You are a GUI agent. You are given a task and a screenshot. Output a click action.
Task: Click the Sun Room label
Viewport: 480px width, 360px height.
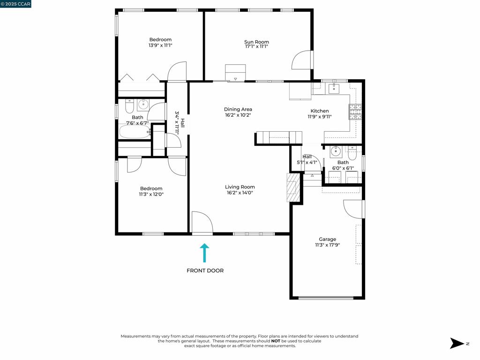click(x=256, y=42)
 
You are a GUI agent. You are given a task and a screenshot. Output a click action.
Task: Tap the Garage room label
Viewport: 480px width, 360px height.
click(x=327, y=239)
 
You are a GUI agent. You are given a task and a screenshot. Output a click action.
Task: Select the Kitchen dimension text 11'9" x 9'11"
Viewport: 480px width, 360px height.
click(x=320, y=117)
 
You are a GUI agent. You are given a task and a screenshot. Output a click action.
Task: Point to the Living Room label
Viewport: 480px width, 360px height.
click(x=240, y=187)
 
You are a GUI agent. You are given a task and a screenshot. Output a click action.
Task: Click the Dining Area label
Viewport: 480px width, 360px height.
click(x=238, y=109)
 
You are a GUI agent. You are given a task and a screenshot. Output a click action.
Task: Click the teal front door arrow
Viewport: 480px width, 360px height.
click(x=204, y=253)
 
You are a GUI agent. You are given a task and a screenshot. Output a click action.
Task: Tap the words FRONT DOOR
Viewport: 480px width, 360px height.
click(x=205, y=270)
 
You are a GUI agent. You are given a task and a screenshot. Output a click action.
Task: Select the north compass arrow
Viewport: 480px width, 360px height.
click(x=457, y=343)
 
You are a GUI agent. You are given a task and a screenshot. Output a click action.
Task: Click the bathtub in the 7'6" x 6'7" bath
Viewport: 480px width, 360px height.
click(x=135, y=132)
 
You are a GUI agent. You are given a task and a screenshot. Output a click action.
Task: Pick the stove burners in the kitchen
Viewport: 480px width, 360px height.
click(x=355, y=112)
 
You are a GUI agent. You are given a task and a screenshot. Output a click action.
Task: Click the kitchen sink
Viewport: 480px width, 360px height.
click(x=333, y=89)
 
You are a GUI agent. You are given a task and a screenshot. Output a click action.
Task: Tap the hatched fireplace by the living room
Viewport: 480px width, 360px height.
click(x=293, y=187)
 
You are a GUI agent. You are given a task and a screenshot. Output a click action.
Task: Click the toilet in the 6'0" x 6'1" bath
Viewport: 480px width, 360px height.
click(x=352, y=154)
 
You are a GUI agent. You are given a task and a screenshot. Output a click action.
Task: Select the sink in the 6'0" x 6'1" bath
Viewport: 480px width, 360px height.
click(x=336, y=151)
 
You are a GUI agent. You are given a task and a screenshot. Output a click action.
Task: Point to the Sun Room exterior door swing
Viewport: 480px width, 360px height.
click(x=301, y=60)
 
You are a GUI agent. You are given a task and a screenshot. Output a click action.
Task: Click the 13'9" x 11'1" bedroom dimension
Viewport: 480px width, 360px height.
click(x=160, y=45)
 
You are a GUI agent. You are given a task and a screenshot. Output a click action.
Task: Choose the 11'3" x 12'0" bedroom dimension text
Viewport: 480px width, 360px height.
click(x=151, y=194)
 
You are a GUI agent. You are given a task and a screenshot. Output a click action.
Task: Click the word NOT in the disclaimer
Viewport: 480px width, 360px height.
click(x=276, y=341)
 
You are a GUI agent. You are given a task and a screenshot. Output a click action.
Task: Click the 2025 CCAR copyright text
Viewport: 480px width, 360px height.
click(x=15, y=4)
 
